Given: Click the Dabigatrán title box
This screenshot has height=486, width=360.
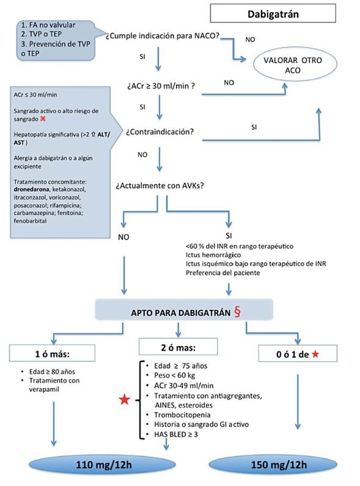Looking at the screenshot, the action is [x=273, y=13].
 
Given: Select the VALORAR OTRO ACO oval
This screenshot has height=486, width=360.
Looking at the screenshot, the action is [x=295, y=64].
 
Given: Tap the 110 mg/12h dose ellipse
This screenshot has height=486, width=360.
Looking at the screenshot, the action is [x=102, y=465].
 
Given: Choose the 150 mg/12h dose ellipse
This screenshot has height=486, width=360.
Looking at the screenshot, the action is [x=273, y=465].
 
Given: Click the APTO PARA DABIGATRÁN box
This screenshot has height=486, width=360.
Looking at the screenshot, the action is [x=184, y=310].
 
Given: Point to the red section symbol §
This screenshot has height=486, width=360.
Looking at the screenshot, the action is [x=237, y=312].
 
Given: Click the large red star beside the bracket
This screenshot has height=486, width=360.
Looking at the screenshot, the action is [x=125, y=400].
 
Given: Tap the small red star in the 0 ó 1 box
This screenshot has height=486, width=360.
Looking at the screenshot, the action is [x=315, y=354].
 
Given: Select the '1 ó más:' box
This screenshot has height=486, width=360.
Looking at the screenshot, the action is [x=52, y=353].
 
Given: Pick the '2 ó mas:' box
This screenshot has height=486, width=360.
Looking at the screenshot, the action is [x=178, y=346].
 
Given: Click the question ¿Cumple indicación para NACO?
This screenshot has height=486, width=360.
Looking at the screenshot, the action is [x=162, y=36].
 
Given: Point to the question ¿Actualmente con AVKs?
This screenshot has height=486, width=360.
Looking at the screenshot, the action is [x=160, y=186].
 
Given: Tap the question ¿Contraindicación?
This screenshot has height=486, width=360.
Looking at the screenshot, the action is [x=160, y=131].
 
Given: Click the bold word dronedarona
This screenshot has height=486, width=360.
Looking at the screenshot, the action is [x=31, y=189].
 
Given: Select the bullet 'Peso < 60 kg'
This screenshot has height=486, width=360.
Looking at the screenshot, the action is [x=174, y=375].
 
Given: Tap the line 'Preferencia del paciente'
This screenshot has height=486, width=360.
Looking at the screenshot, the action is [x=222, y=273].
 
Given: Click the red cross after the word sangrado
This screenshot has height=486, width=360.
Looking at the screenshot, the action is [x=43, y=119].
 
